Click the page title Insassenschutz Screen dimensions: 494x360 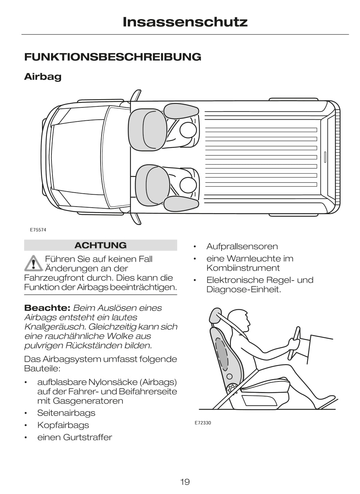click(x=185, y=22)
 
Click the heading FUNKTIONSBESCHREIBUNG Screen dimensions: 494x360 click(x=112, y=57)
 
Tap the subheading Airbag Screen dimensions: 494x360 click(x=43, y=76)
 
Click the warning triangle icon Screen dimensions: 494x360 click(x=33, y=263)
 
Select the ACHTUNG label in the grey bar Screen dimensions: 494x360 click(x=100, y=245)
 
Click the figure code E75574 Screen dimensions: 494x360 click(x=38, y=230)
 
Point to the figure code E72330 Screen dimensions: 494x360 click(x=203, y=423)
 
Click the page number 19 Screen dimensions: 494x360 click(x=185, y=482)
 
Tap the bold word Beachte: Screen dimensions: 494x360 click(x=47, y=308)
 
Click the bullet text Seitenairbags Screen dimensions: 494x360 click(x=66, y=413)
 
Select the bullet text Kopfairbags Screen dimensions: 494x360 click(x=63, y=425)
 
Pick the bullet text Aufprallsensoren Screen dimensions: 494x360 click(x=242, y=246)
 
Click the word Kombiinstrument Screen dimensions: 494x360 click(x=243, y=268)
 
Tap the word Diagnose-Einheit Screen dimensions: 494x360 click(x=244, y=289)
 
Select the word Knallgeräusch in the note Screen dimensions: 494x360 click(x=54, y=327)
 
